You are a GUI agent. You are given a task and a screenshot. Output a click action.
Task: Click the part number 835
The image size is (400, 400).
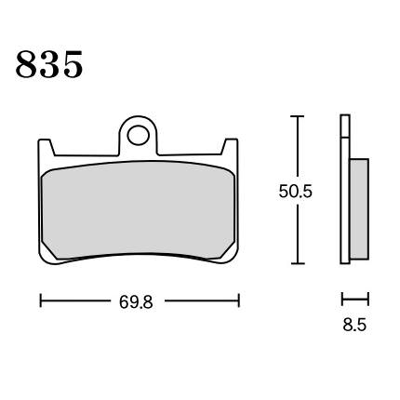49,64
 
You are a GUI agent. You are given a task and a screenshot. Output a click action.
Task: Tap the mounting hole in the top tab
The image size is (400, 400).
139,135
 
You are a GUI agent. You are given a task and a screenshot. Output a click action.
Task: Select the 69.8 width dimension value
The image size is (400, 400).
136,302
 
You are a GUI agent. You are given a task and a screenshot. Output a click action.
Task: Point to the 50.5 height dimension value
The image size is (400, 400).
295,192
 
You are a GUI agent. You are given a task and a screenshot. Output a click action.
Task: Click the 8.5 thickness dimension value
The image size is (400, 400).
354,325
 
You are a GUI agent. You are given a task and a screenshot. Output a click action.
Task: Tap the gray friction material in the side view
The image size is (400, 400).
359,209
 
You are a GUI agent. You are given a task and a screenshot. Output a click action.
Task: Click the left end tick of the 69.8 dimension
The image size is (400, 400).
41,300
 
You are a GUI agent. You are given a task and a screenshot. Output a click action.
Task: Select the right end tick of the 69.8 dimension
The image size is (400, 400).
239,300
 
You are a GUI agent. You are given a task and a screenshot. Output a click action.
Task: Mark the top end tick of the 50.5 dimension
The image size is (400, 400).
298,116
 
